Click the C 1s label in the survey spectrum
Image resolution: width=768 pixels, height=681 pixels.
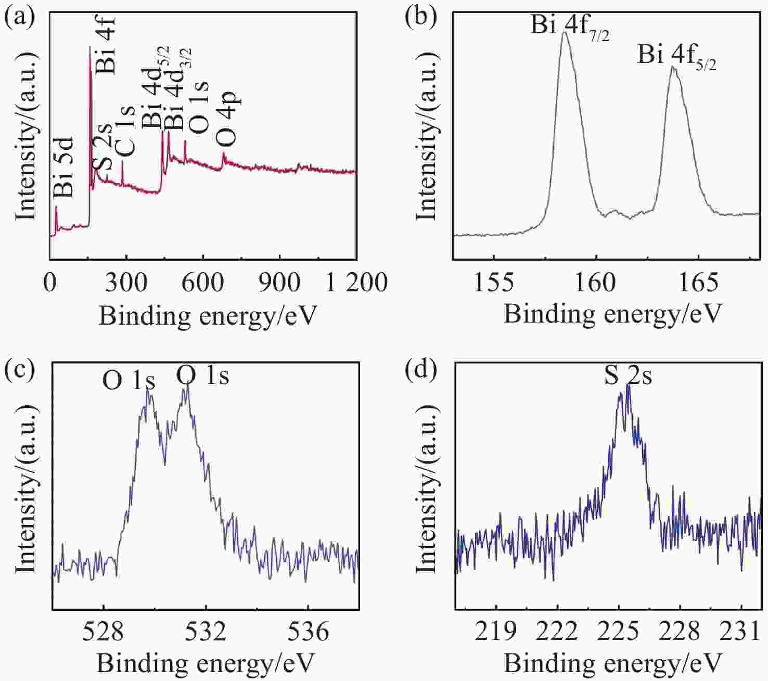pyautogui.click(x=126, y=130)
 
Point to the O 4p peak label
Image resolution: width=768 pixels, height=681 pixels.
pyautogui.click(x=228, y=119)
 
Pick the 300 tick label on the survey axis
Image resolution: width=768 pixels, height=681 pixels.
pyautogui.click(x=126, y=282)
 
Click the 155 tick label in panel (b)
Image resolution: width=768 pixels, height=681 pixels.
pyautogui.click(x=494, y=282)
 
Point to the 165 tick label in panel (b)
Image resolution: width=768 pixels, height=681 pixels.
pyautogui.click(x=698, y=282)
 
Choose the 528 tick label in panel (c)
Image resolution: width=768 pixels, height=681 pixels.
pyautogui.click(x=104, y=631)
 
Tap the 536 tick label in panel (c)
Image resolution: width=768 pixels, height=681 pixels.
pyautogui.click(x=308, y=631)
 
